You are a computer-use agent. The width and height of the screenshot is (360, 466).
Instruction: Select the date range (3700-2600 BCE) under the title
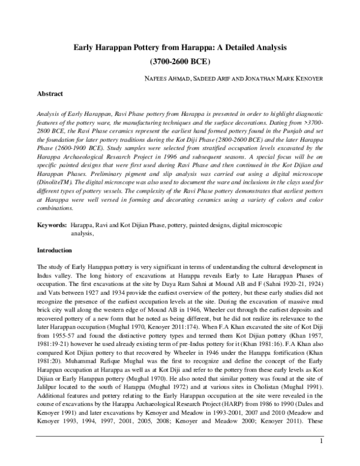[179, 61]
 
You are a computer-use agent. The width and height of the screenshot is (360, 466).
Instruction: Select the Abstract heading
[50, 94]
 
